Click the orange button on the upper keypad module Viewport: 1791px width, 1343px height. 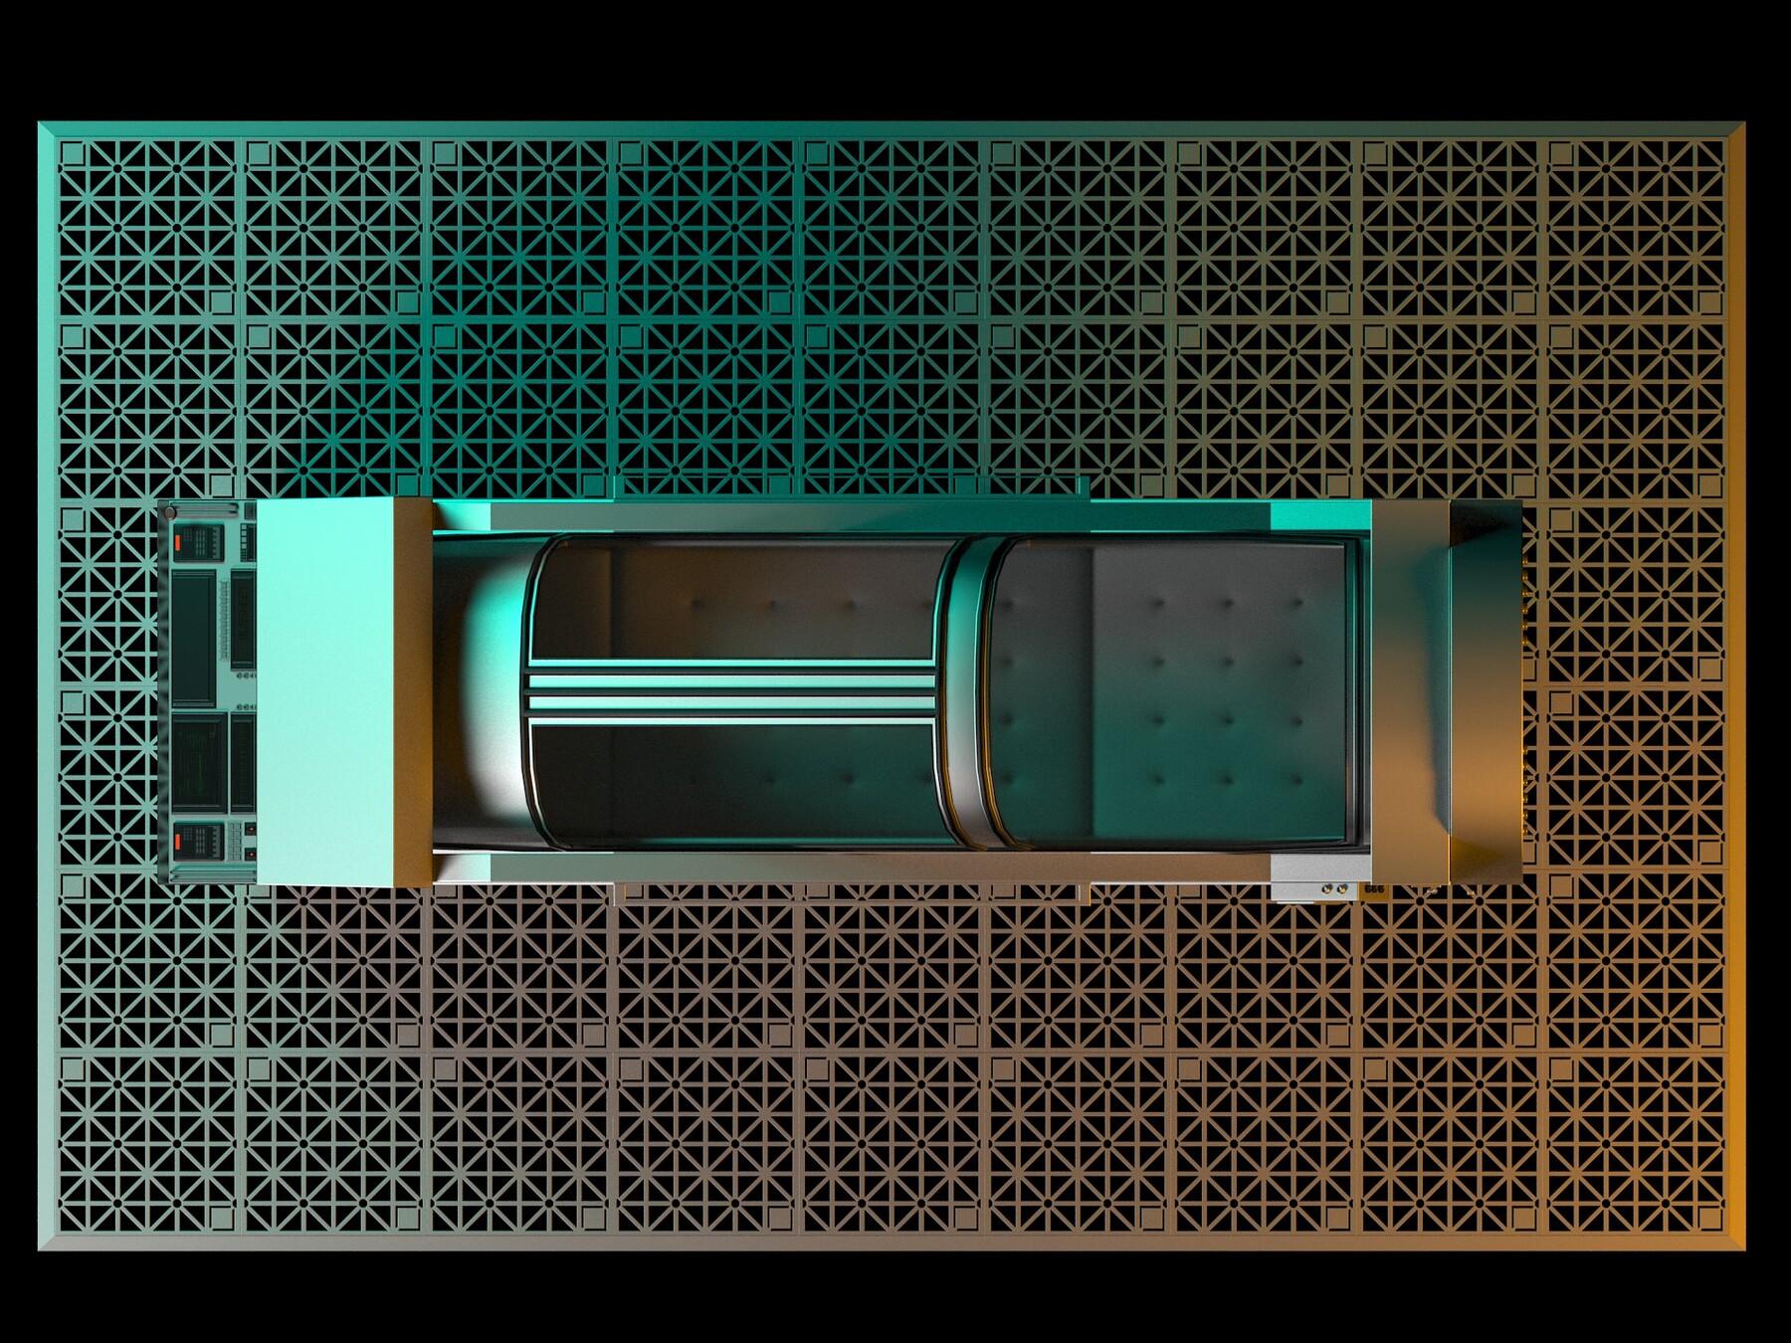click(178, 543)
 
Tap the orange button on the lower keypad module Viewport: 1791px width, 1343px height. click(178, 841)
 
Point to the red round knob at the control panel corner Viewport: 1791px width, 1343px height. click(170, 513)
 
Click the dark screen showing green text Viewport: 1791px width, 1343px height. click(198, 763)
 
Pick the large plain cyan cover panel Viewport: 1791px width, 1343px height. click(325, 691)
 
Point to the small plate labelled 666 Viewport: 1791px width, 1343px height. click(1375, 888)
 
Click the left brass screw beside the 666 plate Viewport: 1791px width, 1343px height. click(1326, 889)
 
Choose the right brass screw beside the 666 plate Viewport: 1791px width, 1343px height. click(1341, 889)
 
